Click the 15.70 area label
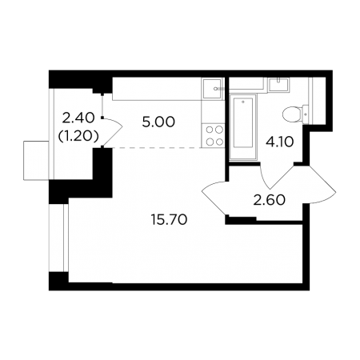169,220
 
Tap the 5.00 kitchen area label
158,122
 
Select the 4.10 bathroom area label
280,142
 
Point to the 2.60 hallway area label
269,200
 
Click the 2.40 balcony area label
78,118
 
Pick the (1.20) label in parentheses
78,136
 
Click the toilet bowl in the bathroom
292,114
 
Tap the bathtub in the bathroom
243,127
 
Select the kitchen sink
212,88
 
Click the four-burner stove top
214,135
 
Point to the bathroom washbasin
278,85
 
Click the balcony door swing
112,131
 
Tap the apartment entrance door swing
314,184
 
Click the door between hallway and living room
214,198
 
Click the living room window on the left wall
58,238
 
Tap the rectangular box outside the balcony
36,161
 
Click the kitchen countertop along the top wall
168,89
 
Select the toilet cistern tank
306,114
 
